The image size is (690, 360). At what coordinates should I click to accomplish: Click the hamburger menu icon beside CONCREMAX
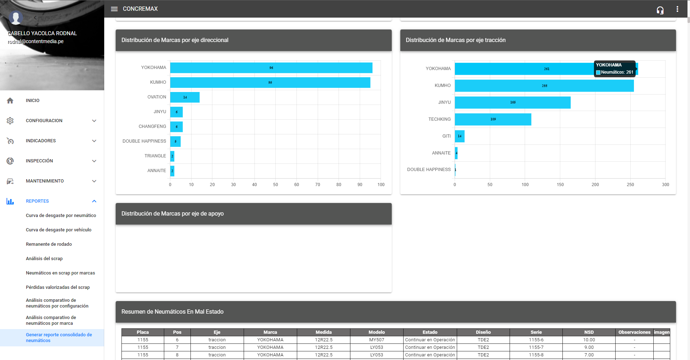tap(114, 9)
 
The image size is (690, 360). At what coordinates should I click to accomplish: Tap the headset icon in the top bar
tap(660, 10)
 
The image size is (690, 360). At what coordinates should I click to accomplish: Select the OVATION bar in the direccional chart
tap(185, 97)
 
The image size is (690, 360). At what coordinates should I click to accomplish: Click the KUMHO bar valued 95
tap(270, 83)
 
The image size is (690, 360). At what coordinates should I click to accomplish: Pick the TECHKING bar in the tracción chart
tap(493, 119)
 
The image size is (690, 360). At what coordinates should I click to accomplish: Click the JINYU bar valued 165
tap(512, 102)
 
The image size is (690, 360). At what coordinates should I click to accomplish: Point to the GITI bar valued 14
tap(460, 136)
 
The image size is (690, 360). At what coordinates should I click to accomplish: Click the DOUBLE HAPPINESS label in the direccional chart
tap(144, 141)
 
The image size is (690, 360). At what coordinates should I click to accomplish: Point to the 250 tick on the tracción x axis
tap(630, 185)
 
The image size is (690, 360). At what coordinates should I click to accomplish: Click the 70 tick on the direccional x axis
tap(318, 185)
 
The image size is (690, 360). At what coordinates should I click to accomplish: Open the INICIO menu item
tap(33, 101)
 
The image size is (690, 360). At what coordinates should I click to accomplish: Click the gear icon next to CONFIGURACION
tap(10, 121)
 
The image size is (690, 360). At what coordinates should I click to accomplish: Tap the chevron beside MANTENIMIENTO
tap(94, 181)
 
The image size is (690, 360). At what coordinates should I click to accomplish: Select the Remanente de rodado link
tap(49, 244)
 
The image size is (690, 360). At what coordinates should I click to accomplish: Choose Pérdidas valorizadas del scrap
tap(58, 287)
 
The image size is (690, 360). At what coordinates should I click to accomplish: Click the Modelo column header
tap(377, 332)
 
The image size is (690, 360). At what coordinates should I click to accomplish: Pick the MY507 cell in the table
tap(377, 340)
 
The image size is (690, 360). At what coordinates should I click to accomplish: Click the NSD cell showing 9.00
tap(589, 347)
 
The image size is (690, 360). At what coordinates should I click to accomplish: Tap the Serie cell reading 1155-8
tap(536, 355)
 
